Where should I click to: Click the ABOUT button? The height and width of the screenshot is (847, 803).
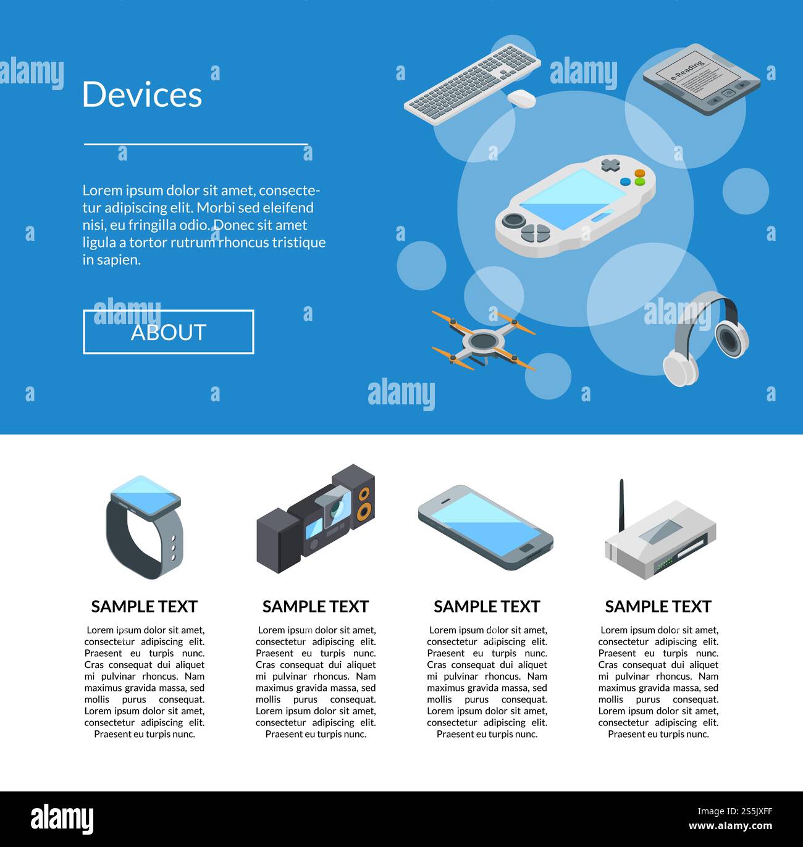[168, 332]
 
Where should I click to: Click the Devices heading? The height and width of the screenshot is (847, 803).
[142, 94]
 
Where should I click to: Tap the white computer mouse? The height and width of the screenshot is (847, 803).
[522, 98]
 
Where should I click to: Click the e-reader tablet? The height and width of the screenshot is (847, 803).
[700, 80]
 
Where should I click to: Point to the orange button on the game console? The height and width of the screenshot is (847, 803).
[640, 173]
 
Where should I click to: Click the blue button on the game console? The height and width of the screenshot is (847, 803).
[625, 181]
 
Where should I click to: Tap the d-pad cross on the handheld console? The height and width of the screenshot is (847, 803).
[610, 165]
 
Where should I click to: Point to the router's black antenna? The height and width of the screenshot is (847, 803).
[621, 506]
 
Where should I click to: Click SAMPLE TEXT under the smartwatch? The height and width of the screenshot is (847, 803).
[145, 607]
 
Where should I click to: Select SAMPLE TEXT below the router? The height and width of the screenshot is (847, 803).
[658, 607]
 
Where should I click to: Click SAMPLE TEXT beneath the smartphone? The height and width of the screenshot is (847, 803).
[487, 607]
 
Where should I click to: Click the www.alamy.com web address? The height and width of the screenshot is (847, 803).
[730, 826]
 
